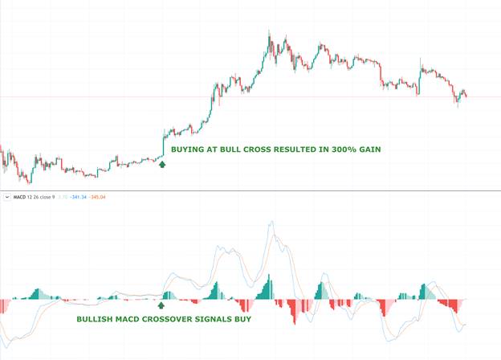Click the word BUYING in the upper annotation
(189, 149)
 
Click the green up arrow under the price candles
(162, 164)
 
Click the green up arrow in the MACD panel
(161, 305)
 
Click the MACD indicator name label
(18, 195)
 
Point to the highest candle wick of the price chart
(270, 32)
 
